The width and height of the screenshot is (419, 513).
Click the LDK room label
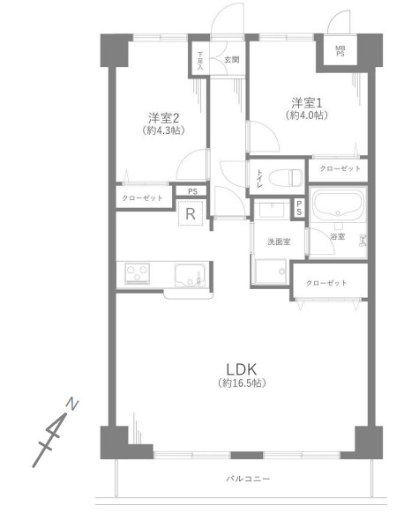pyautogui.click(x=242, y=369)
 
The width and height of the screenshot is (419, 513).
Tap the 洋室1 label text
pyautogui.click(x=307, y=103)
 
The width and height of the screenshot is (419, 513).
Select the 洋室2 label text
pyautogui.click(x=163, y=118)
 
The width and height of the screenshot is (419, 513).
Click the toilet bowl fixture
pyautogui.click(x=286, y=177)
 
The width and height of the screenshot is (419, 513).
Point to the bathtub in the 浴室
pyautogui.click(x=338, y=204)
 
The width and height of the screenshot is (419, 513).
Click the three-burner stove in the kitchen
pyautogui.click(x=137, y=273)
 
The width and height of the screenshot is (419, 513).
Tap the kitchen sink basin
pyautogui.click(x=190, y=274)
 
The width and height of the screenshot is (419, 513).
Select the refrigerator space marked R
pyautogui.click(x=191, y=213)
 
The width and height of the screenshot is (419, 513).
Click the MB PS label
pyautogui.click(x=340, y=51)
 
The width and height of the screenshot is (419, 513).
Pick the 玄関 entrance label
pyautogui.click(x=231, y=60)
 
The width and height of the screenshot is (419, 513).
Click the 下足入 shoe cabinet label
pyautogui.click(x=200, y=61)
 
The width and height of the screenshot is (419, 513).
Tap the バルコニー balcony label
pyautogui.click(x=248, y=479)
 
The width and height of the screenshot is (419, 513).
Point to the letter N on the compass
pyautogui.click(x=72, y=404)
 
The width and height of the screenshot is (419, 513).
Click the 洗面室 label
pyautogui.click(x=279, y=242)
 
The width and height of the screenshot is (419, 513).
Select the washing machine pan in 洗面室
pyautogui.click(x=271, y=271)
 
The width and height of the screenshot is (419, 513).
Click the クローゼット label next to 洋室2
pyautogui.click(x=142, y=198)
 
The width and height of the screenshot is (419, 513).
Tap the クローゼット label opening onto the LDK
pyautogui.click(x=326, y=283)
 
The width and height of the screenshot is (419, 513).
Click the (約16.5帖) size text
pyautogui.click(x=242, y=383)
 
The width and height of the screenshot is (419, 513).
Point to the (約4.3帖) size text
pyautogui.click(x=163, y=130)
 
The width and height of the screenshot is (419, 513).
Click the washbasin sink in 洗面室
pyautogui.click(x=272, y=209)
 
